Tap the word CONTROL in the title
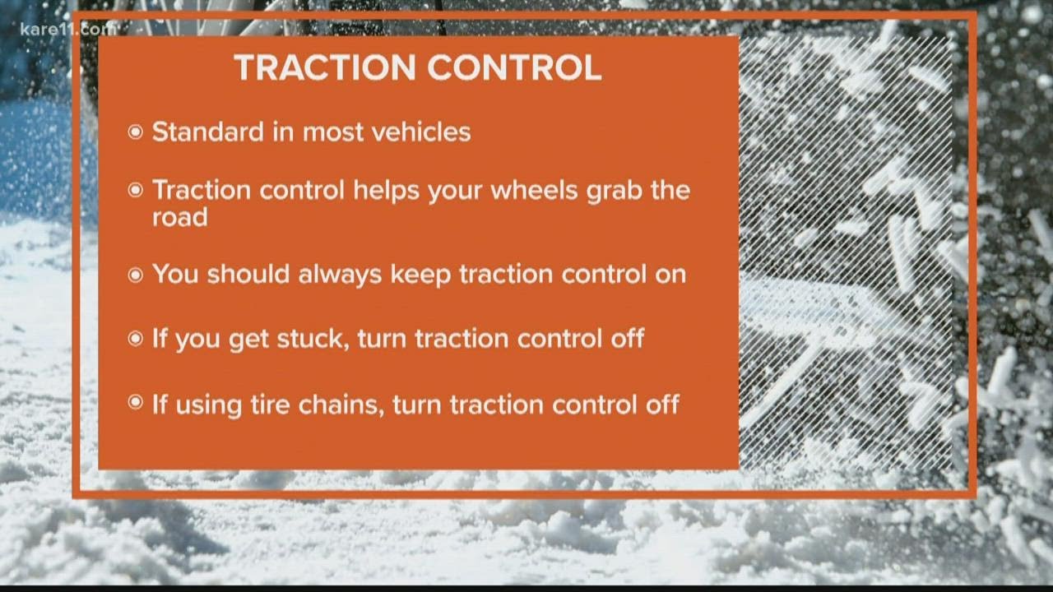[x=514, y=67]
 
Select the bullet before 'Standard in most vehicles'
[x=135, y=132]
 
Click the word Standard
[x=208, y=132]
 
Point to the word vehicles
[x=421, y=132]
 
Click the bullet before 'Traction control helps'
[x=135, y=190]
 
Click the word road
[x=179, y=217]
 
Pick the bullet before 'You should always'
[x=135, y=275]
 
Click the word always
[x=340, y=275]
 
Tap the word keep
[x=420, y=275]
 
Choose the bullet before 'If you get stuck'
[x=135, y=338]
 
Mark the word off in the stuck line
[x=627, y=338]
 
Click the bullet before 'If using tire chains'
[x=135, y=403]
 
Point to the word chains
[x=341, y=405]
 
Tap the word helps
[x=386, y=192]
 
